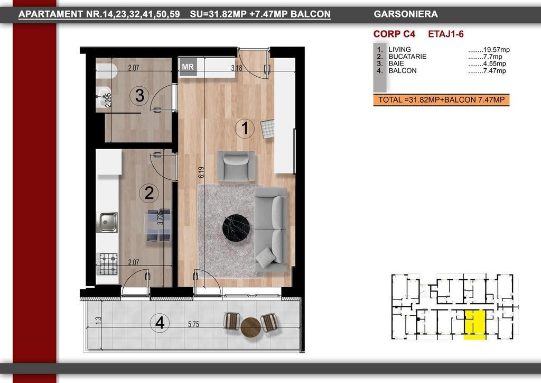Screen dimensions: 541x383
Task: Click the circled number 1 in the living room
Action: pyautogui.click(x=245, y=129)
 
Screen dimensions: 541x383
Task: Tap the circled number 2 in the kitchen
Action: pyautogui.click(x=148, y=193)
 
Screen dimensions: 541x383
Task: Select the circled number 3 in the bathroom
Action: pyautogui.click(x=139, y=96)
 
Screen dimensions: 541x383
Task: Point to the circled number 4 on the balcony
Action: pyautogui.click(x=160, y=323)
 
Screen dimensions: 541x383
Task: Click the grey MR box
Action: pyautogui.click(x=188, y=67)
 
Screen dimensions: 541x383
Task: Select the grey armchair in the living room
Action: pyautogui.click(x=236, y=166)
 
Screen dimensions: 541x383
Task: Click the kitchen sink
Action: pyautogui.click(x=107, y=222)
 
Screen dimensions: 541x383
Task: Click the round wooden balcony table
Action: pyautogui.click(x=251, y=327)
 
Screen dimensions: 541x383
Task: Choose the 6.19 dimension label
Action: pyautogui.click(x=201, y=172)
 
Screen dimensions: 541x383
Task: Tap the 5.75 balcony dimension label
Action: pyautogui.click(x=193, y=325)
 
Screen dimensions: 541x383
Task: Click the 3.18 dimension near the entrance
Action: pyautogui.click(x=237, y=68)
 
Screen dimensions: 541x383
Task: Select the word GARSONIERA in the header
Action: pyautogui.click(x=406, y=14)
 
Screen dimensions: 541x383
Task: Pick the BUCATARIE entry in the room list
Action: pyautogui.click(x=407, y=57)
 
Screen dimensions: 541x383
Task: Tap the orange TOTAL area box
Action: pyautogui.click(x=441, y=100)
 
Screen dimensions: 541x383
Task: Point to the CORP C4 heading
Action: pyautogui.click(x=394, y=34)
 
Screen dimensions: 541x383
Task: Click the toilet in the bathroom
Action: pyautogui.click(x=107, y=71)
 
